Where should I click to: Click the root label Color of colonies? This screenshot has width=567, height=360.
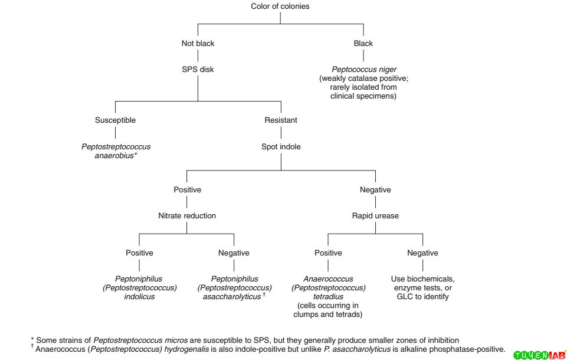(x=280, y=6)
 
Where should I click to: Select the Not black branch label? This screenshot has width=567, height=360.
(x=198, y=43)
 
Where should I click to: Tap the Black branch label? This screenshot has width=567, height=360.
(x=363, y=43)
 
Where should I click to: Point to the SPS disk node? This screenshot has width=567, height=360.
(x=198, y=69)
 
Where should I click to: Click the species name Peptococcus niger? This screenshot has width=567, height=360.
(x=363, y=70)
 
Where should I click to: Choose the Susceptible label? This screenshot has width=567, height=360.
(x=115, y=120)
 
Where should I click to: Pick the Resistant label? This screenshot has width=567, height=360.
(x=281, y=120)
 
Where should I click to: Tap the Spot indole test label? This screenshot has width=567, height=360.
(x=281, y=146)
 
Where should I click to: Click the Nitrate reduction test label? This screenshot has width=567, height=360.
(x=187, y=215)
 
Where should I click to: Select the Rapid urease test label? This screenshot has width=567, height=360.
(x=375, y=215)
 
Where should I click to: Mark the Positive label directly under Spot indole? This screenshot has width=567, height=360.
(x=187, y=189)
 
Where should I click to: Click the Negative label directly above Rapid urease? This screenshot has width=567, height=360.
(x=375, y=189)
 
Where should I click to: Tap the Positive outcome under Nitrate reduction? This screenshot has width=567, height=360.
(x=139, y=253)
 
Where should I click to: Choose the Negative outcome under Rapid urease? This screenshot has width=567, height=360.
(x=422, y=253)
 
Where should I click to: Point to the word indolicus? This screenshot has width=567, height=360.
(x=139, y=296)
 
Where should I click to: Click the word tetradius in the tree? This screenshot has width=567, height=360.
(x=328, y=296)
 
